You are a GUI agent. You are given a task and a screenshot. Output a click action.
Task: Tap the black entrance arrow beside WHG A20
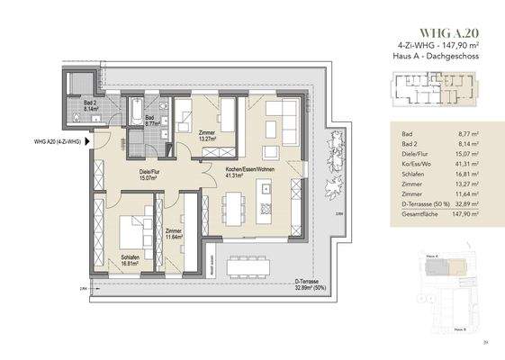pyautogui.click(x=86, y=141)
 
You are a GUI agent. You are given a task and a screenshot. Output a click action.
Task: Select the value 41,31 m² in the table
pyautogui.click(x=459, y=166)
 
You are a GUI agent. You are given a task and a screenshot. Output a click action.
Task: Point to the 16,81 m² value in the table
pyautogui.click(x=459, y=176)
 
